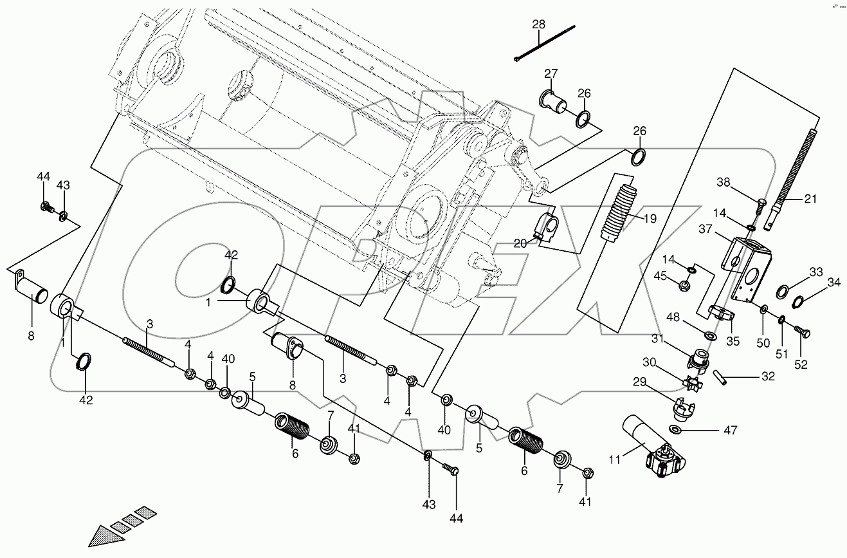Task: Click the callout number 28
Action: [x=538, y=24]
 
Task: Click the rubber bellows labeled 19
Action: [x=619, y=213]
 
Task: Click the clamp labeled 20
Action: [x=546, y=227]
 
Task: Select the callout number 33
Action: [x=816, y=272]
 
